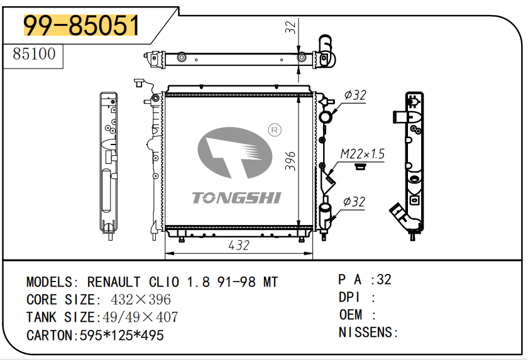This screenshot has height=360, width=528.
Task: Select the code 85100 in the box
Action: point(35,54)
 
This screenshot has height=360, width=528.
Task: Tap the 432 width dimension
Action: point(239,246)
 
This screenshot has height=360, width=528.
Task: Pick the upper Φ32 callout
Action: point(355,95)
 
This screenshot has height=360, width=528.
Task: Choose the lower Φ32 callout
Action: point(355,202)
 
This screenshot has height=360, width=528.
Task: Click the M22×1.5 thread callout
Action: point(363,154)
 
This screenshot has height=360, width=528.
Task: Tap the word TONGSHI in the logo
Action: point(236,198)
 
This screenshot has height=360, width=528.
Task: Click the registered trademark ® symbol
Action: point(274,130)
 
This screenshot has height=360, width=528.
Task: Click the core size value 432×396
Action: point(141,300)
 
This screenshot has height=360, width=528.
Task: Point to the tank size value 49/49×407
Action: point(138,317)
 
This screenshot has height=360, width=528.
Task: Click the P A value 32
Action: point(384,280)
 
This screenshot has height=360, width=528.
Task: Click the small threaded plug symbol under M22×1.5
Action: point(360,166)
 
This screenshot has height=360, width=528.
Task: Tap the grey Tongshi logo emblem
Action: point(234,152)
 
